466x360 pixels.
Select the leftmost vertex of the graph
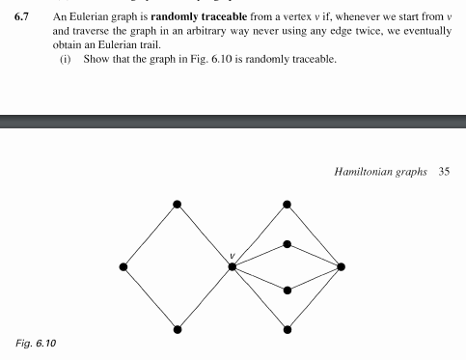(123, 266)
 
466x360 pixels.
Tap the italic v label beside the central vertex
(232, 256)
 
